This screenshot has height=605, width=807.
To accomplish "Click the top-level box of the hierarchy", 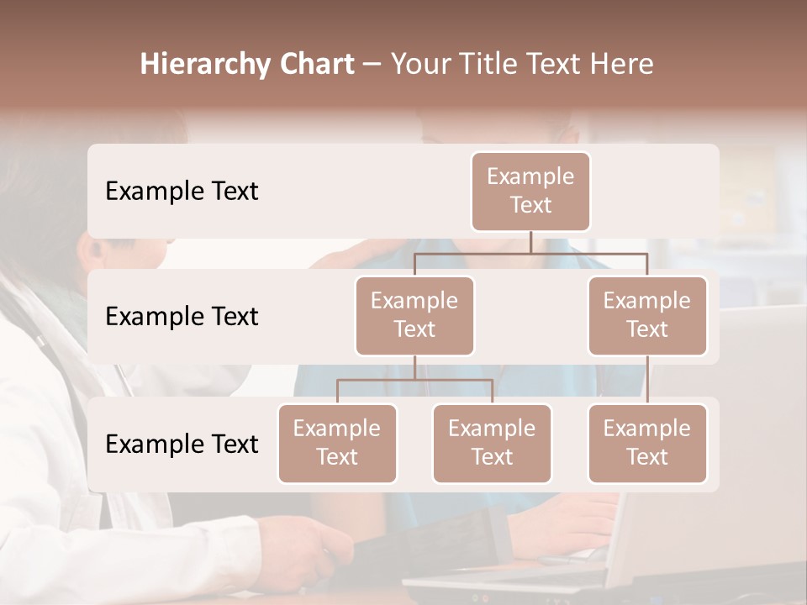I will click(530, 191).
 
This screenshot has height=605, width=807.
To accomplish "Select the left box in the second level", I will click(414, 315).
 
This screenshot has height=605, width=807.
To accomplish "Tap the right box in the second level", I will click(647, 315).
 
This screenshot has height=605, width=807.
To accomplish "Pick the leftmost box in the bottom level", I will click(337, 443).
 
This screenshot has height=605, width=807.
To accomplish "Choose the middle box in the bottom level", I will click(492, 443).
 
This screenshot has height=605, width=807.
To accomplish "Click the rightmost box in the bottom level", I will click(647, 443).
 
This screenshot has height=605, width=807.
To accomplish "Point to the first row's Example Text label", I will click(182, 191).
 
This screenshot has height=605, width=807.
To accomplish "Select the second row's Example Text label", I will click(182, 316).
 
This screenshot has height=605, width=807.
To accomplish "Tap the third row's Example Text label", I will click(182, 444).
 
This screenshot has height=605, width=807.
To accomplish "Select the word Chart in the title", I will click(318, 64).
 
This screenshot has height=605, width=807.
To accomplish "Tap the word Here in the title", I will click(624, 64).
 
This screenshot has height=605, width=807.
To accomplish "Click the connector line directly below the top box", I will click(530, 242).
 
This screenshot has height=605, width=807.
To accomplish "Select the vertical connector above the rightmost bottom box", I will click(647, 380).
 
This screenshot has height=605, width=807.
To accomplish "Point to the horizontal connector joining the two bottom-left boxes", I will click(414, 380).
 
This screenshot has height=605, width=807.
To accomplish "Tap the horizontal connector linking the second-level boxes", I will click(530, 253).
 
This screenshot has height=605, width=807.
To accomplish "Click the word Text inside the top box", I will click(530, 205).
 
